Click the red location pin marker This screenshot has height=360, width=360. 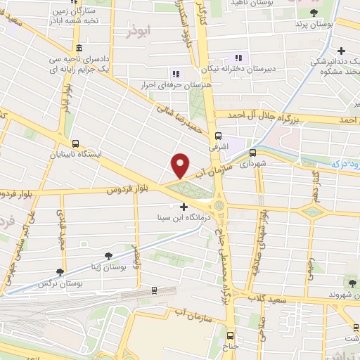[x=181, y=165]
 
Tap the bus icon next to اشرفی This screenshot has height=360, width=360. [x=218, y=136]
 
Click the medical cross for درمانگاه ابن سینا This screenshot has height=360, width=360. [x=184, y=207]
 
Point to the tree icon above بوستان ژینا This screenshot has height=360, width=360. [x=108, y=257]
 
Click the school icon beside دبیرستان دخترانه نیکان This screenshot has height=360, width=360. [x=238, y=58]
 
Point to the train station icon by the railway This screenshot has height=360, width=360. [x=153, y=290]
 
